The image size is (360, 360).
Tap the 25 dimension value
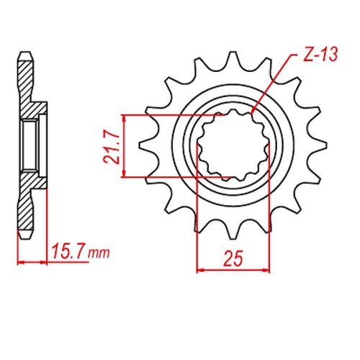coord(233,257)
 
